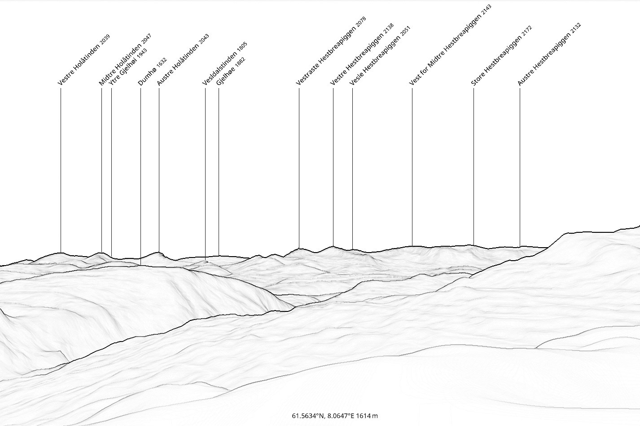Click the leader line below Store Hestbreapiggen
473,166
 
